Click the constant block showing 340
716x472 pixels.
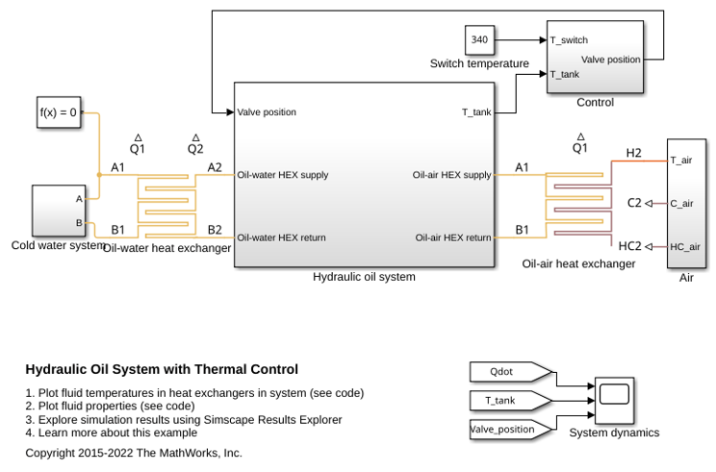(x=479, y=39)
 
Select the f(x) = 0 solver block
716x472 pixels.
(x=59, y=112)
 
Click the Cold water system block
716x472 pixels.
(x=59, y=211)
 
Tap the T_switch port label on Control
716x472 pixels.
(x=569, y=40)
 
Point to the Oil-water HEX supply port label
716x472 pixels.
(x=283, y=175)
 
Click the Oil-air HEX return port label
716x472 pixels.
(x=453, y=237)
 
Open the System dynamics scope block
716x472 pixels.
(x=614, y=400)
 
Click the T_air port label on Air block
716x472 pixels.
(x=680, y=161)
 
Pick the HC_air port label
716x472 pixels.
(x=685, y=247)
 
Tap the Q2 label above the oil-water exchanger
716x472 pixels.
(x=195, y=149)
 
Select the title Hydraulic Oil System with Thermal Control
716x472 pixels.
(x=162, y=369)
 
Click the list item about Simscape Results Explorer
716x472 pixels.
(x=184, y=419)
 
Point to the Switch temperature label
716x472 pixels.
(x=479, y=63)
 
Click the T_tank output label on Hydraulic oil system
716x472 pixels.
(x=476, y=112)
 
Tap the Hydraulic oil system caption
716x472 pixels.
(x=364, y=277)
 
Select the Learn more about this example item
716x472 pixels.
(x=112, y=433)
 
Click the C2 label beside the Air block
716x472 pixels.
(x=635, y=203)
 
